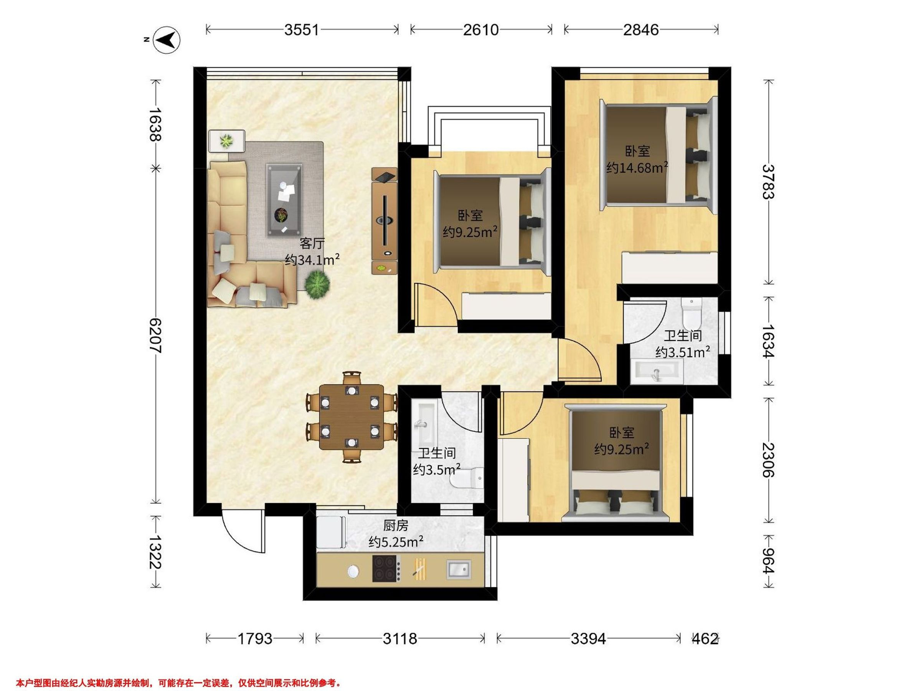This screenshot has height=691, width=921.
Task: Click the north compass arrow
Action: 167,40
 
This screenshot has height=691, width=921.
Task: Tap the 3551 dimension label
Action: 302,30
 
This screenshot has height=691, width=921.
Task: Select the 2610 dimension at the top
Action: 481,30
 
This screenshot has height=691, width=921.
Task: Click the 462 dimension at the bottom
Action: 705,638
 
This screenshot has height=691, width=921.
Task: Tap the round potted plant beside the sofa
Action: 317,284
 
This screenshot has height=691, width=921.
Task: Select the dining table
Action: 352,417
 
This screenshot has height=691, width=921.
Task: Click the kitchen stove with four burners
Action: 386,569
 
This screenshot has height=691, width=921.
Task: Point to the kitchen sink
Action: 459,569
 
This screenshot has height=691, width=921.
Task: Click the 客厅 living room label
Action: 312,243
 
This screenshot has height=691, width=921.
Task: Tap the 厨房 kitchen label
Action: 396,526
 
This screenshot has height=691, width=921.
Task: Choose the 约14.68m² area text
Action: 637,167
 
